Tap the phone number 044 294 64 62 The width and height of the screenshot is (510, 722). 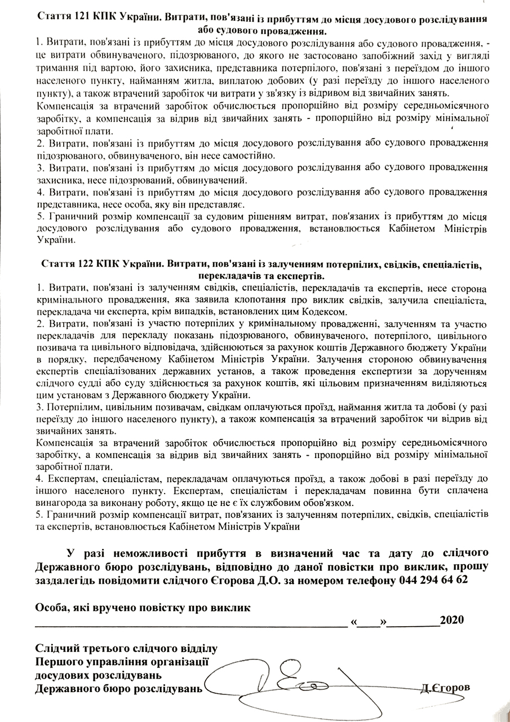433,579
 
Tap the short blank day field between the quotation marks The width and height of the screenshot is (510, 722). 368,621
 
